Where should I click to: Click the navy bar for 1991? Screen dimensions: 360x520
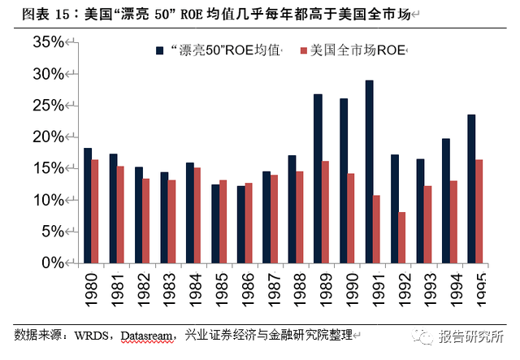(369, 171)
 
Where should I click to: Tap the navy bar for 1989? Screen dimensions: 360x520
(318, 179)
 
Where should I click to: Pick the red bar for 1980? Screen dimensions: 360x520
(95, 211)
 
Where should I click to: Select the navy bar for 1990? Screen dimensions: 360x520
(344, 180)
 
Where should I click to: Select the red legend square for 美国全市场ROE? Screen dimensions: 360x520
(302, 50)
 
